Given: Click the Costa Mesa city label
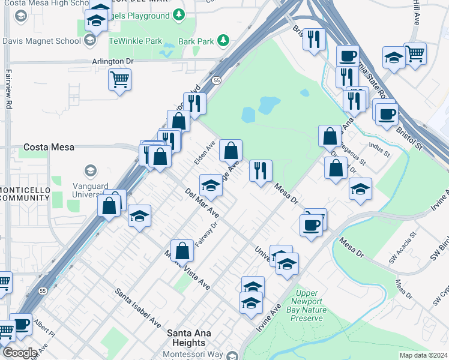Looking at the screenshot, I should tap(49, 147).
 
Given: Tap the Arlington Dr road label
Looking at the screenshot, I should tap(112, 61).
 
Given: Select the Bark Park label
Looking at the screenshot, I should tap(196, 41).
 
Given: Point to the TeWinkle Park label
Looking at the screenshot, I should tap(135, 41).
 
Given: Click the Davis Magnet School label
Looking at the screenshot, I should tap(41, 41).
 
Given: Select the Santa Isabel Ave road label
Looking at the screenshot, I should tap(139, 308).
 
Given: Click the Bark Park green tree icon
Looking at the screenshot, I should tap(224, 40).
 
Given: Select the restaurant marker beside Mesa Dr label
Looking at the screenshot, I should tap(261, 171).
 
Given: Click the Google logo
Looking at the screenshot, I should tap(20, 353).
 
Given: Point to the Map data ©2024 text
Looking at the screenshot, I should tap(423, 355).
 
